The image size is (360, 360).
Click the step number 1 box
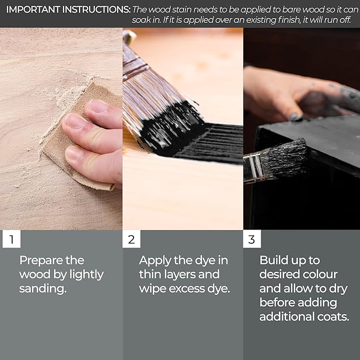click(12, 239)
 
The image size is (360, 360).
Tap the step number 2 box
click(131, 239)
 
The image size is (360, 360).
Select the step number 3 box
click(252, 239)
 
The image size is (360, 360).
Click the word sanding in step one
click(43, 288)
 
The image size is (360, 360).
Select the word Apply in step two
click(155, 261)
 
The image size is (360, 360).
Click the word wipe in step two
click(153, 289)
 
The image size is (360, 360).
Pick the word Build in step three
click(273, 260)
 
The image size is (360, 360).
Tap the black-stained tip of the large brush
click(172, 128)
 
